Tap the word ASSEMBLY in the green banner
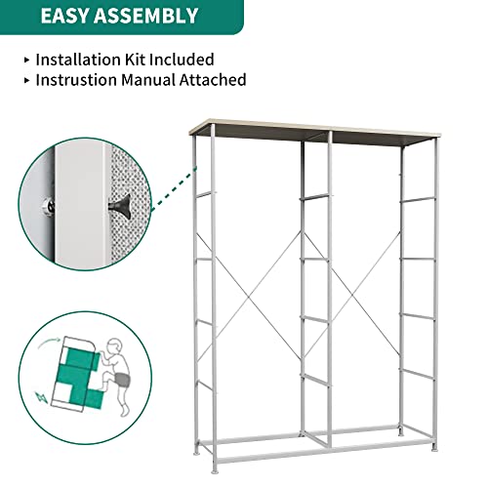(x=142, y=16)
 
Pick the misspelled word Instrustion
(x=84, y=80)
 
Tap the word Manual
(x=166, y=80)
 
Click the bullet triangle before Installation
(x=25, y=60)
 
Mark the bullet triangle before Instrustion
(x=25, y=80)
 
